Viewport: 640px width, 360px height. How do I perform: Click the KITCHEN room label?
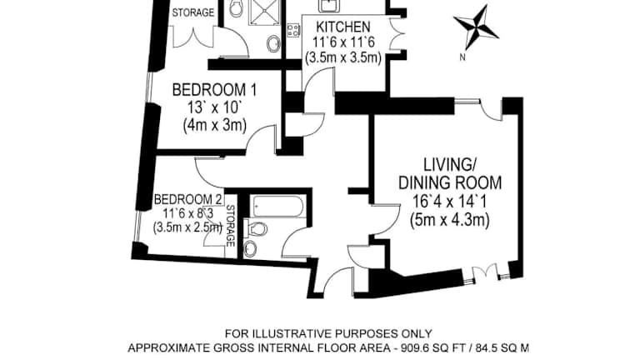pos(343,27)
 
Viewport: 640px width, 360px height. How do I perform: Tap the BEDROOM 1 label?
pos(215,90)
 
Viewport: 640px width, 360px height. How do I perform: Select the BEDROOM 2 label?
pos(188,200)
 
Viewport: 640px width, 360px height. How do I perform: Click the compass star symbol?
pos(476,27)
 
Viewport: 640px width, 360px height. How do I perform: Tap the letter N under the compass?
pos(462,57)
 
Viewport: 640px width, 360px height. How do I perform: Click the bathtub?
pos(278,206)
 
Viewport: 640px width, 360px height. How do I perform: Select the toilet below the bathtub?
pos(255,229)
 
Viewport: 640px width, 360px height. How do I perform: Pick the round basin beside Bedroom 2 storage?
pos(250,247)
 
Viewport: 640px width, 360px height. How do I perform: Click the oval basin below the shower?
pos(273,43)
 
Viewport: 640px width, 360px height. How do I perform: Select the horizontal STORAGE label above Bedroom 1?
pos(193,12)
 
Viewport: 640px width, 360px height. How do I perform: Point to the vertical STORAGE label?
pos(230,226)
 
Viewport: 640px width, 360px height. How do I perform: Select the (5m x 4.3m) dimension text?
pos(450,220)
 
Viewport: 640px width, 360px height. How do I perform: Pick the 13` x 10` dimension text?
pos(215,107)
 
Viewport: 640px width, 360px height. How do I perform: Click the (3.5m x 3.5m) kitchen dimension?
pos(343,57)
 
